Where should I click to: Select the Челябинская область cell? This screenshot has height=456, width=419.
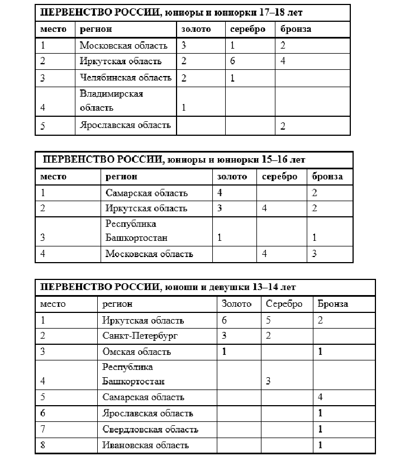(x=125, y=77)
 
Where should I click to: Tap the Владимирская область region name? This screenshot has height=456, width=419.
(x=111, y=101)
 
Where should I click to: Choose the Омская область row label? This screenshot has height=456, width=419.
(x=137, y=351)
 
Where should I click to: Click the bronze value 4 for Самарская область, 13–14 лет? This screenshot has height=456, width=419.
(x=321, y=397)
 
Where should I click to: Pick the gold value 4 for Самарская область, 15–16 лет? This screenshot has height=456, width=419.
(x=221, y=193)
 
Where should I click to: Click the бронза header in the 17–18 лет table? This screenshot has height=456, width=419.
(x=296, y=29)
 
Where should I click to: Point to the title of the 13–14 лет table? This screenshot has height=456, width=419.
(x=167, y=287)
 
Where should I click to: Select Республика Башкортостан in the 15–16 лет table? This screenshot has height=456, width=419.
(x=136, y=231)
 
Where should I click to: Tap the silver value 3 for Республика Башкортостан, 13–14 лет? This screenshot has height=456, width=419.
(x=268, y=381)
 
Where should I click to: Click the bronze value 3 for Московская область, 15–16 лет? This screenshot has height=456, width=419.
(x=315, y=254)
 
